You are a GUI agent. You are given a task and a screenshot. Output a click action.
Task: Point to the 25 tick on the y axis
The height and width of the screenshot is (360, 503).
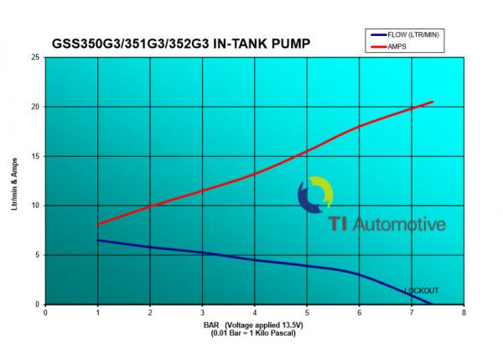pos(35,58)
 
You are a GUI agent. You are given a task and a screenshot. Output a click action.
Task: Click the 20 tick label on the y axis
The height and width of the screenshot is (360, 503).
pos(35,107)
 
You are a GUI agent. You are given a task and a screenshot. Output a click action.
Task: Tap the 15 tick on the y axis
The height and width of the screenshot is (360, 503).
pos(35,156)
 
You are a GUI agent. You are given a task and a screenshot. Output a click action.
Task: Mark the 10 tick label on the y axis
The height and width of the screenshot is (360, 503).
pos(35,206)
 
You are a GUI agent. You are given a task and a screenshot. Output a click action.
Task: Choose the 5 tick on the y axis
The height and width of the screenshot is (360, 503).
pos(37,255)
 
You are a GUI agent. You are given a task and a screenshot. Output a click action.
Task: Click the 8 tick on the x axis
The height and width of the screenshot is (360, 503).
pos(464,312)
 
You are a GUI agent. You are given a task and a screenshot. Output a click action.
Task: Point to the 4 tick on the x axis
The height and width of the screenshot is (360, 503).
pos(254,312)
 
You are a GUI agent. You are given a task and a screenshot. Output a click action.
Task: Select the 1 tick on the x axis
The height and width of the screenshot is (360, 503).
pos(97,312)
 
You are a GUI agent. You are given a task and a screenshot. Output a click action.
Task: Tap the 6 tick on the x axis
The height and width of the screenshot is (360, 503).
pos(359,312)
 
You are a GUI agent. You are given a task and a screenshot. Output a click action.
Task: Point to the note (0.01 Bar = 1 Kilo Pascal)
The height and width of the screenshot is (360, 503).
pos(254,333)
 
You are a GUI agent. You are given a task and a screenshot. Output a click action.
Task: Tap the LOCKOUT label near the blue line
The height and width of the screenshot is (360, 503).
pos(421,291)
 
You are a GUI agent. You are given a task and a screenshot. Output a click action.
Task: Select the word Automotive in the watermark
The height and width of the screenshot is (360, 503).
pos(399,224)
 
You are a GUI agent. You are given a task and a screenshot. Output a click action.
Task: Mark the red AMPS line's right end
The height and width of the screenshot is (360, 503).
pos(433,102)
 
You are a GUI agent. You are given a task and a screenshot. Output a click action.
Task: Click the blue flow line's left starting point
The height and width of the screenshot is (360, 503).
pos(98,240)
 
